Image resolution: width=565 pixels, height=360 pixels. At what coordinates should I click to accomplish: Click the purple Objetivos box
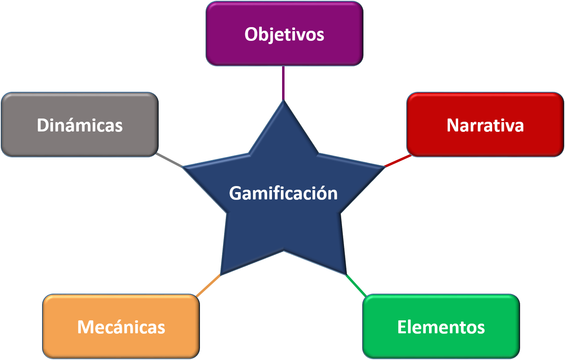click(285, 34)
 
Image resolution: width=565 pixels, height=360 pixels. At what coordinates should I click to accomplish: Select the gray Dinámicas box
click(80, 125)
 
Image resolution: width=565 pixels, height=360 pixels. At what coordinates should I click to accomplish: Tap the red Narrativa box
click(485, 125)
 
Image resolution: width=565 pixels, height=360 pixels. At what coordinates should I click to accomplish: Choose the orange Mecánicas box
click(121, 326)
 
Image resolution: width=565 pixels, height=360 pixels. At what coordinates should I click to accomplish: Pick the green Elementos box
click(441, 326)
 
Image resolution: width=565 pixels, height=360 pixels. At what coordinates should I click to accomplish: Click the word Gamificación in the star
click(283, 193)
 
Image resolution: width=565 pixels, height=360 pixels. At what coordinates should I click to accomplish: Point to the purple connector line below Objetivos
click(283, 83)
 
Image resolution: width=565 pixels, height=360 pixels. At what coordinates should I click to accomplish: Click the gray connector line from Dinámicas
click(169, 160)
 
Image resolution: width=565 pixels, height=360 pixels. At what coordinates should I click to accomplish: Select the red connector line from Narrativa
click(397, 161)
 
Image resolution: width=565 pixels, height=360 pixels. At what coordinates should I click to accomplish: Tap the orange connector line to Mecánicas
click(208, 286)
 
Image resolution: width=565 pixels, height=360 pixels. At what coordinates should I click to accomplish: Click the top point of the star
click(283, 101)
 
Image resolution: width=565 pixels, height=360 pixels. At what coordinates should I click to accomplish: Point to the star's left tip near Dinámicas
click(183, 167)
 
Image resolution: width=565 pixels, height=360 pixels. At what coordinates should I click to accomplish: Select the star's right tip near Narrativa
click(384, 167)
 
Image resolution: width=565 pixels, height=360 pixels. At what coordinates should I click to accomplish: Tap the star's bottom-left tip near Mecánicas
click(221, 275)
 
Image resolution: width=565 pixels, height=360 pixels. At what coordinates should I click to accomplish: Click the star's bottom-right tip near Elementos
click(346, 274)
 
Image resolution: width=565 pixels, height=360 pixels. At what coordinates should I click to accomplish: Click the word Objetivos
click(284, 34)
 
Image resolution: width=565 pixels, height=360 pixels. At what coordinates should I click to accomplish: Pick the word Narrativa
click(485, 125)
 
